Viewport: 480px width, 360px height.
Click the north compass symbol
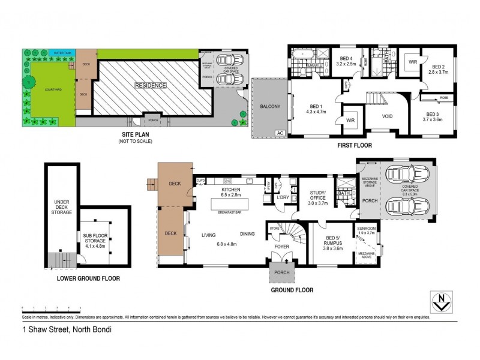point(442,302)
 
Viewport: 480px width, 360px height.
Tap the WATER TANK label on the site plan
point(62,53)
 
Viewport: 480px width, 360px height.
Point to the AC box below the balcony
point(279,133)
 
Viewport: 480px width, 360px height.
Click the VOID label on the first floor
point(388,116)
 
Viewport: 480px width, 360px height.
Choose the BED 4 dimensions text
point(346,63)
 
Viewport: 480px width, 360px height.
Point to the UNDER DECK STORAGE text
point(62,207)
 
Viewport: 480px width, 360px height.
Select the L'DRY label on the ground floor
point(283,197)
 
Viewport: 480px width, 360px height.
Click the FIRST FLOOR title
point(353,145)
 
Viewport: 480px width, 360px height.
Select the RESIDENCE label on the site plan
point(150,85)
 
